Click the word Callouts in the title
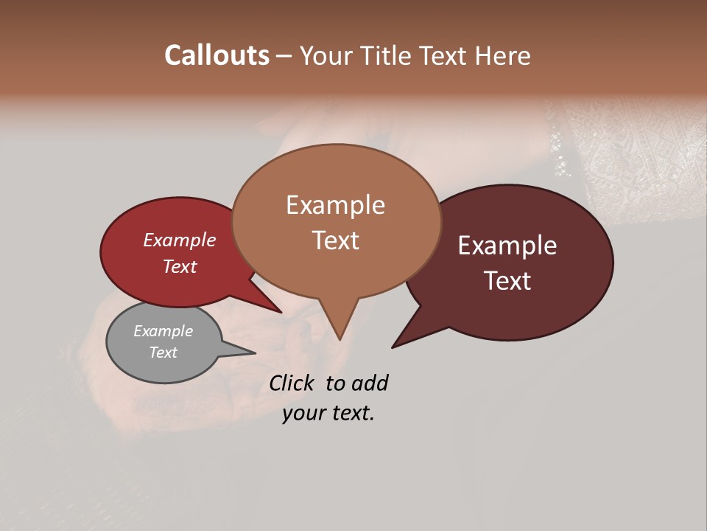click(x=217, y=55)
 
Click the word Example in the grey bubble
click(x=163, y=331)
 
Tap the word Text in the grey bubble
click(x=163, y=353)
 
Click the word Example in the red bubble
click(x=179, y=240)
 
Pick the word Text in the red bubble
click(x=179, y=266)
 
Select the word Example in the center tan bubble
click(x=335, y=204)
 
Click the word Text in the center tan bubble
click(x=335, y=240)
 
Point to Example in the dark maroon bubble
click(x=507, y=245)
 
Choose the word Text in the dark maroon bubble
click(x=508, y=280)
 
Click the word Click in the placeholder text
click(x=292, y=383)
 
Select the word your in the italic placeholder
click(x=304, y=413)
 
